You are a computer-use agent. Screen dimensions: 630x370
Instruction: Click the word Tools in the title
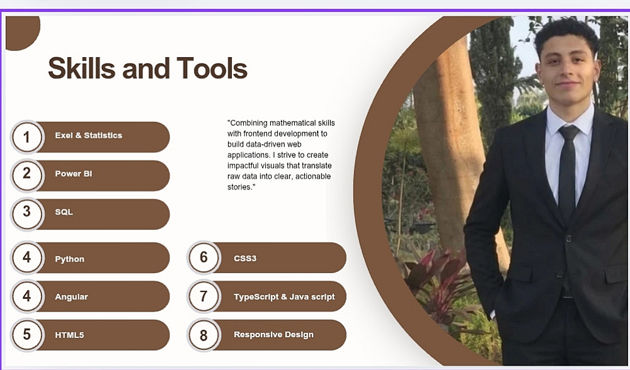(x=212, y=68)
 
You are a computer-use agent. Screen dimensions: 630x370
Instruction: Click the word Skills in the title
(x=81, y=68)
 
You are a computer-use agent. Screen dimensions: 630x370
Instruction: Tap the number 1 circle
(x=26, y=137)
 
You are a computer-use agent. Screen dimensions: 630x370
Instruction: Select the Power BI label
(x=74, y=174)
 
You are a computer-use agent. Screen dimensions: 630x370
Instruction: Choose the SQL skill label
(x=64, y=212)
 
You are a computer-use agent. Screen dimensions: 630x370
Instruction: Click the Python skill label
(x=69, y=259)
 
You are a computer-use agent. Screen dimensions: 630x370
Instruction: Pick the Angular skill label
(x=72, y=297)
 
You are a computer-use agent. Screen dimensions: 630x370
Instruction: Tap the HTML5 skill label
(x=69, y=335)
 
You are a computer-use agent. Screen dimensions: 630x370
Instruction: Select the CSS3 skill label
(x=245, y=259)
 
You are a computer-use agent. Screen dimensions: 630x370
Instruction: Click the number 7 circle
(x=203, y=296)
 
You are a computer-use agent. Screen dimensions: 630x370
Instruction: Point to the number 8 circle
(x=203, y=335)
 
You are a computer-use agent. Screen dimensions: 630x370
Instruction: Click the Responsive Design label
(x=273, y=335)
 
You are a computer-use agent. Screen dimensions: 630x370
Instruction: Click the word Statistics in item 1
(x=103, y=135)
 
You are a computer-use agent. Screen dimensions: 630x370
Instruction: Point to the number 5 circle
(x=26, y=334)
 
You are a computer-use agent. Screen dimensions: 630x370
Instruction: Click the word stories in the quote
(x=240, y=187)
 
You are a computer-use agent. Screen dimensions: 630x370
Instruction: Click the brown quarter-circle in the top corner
(x=22, y=32)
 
